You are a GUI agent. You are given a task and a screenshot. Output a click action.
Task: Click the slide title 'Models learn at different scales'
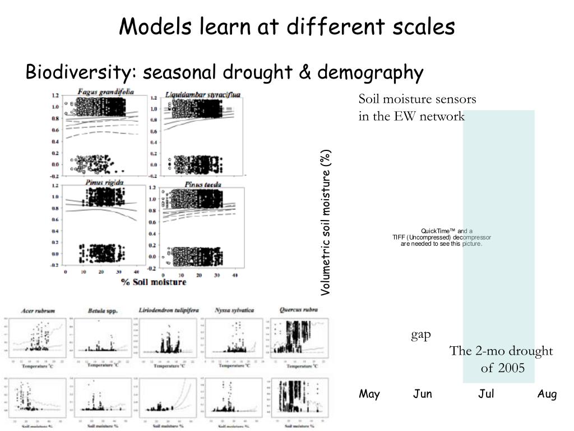[287, 26]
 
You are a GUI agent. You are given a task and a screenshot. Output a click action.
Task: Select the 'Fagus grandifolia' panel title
[102, 92]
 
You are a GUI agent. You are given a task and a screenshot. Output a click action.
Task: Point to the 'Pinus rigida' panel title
[104, 183]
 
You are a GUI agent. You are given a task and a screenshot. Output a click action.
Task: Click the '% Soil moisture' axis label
[154, 282]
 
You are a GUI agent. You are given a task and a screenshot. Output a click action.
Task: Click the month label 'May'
[369, 394]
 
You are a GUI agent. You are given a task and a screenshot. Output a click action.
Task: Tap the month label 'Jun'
[423, 394]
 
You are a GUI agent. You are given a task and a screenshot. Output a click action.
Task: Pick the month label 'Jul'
[486, 394]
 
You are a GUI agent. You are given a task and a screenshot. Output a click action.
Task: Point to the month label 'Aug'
[547, 394]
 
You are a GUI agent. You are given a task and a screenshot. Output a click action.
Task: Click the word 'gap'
[421, 335]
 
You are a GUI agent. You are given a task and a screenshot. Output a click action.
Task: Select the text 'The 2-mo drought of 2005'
[501, 359]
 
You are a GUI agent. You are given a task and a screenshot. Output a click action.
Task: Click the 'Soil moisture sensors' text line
[418, 99]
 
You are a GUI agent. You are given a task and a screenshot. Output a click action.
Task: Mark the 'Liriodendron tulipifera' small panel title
[167, 310]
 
